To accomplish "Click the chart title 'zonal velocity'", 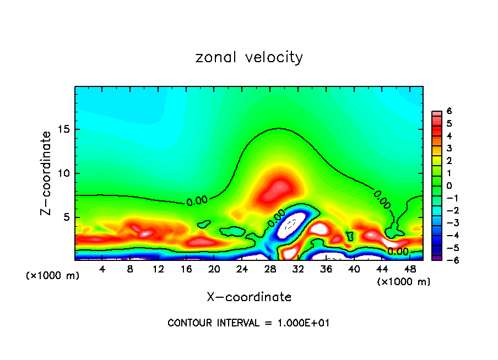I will (249, 57).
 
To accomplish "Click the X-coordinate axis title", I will (249, 297).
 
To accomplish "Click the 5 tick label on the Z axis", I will (66, 217).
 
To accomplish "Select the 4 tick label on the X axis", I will (102, 269).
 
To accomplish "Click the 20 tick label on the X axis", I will (214, 269).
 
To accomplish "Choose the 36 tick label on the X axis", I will (326, 269).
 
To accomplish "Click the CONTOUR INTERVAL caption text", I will (248, 323).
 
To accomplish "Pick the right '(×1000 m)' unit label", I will (403, 282).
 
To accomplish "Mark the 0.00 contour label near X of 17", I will (197, 201).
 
